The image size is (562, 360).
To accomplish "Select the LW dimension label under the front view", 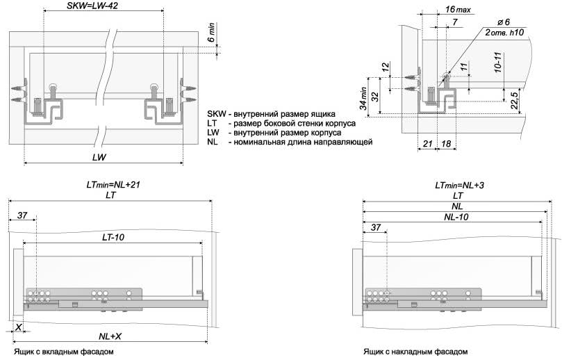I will point(99,158).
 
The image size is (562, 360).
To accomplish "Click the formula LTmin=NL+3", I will point(458,186).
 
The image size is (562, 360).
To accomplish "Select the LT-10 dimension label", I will point(113,237).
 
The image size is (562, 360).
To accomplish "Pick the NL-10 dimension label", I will point(456,218).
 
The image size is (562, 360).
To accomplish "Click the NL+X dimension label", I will point(110,336).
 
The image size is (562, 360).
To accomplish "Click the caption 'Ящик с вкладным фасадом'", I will point(63,352).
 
